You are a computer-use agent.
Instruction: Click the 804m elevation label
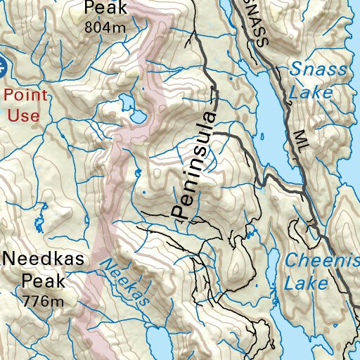pyautogui.click(x=105, y=27)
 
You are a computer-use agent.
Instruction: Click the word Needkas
pyautogui.click(x=44, y=259)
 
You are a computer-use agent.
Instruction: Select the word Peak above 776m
pyautogui.click(x=44, y=281)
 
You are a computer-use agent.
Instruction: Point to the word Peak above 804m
pyautogui.click(x=105, y=8)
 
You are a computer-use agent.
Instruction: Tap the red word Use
pyautogui.click(x=24, y=114)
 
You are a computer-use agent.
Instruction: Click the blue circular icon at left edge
pyautogui.click(x=2, y=68)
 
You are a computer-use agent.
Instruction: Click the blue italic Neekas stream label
pyautogui.click(x=124, y=282)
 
